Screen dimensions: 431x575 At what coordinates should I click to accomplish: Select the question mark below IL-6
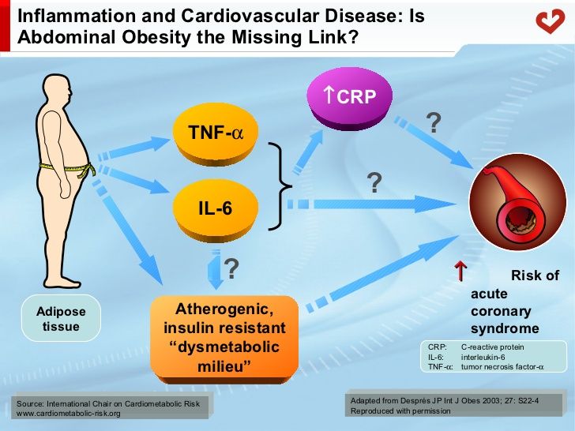click(232, 269)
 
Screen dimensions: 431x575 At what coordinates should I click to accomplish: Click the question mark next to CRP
click(434, 122)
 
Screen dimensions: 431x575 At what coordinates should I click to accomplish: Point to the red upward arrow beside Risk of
click(460, 272)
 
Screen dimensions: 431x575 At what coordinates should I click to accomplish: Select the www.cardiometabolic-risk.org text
click(69, 414)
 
